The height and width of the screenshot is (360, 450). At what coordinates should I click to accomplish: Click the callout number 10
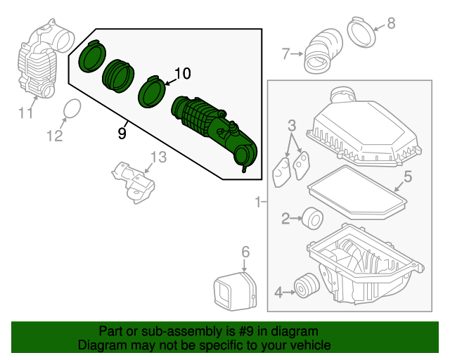click(x=182, y=73)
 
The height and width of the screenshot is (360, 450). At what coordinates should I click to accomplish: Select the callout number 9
click(x=122, y=132)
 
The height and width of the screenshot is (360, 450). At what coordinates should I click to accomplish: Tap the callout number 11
click(x=26, y=112)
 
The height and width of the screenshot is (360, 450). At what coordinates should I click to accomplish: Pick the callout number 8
click(x=392, y=22)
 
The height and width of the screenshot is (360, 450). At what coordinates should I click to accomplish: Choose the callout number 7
click(x=286, y=53)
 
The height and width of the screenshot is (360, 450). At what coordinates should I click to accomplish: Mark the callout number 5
click(x=407, y=176)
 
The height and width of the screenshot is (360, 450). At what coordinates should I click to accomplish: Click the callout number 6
click(x=245, y=251)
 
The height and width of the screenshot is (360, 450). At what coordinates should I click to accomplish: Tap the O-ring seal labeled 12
click(x=72, y=109)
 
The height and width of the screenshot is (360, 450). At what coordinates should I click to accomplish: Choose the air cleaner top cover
click(x=366, y=130)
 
